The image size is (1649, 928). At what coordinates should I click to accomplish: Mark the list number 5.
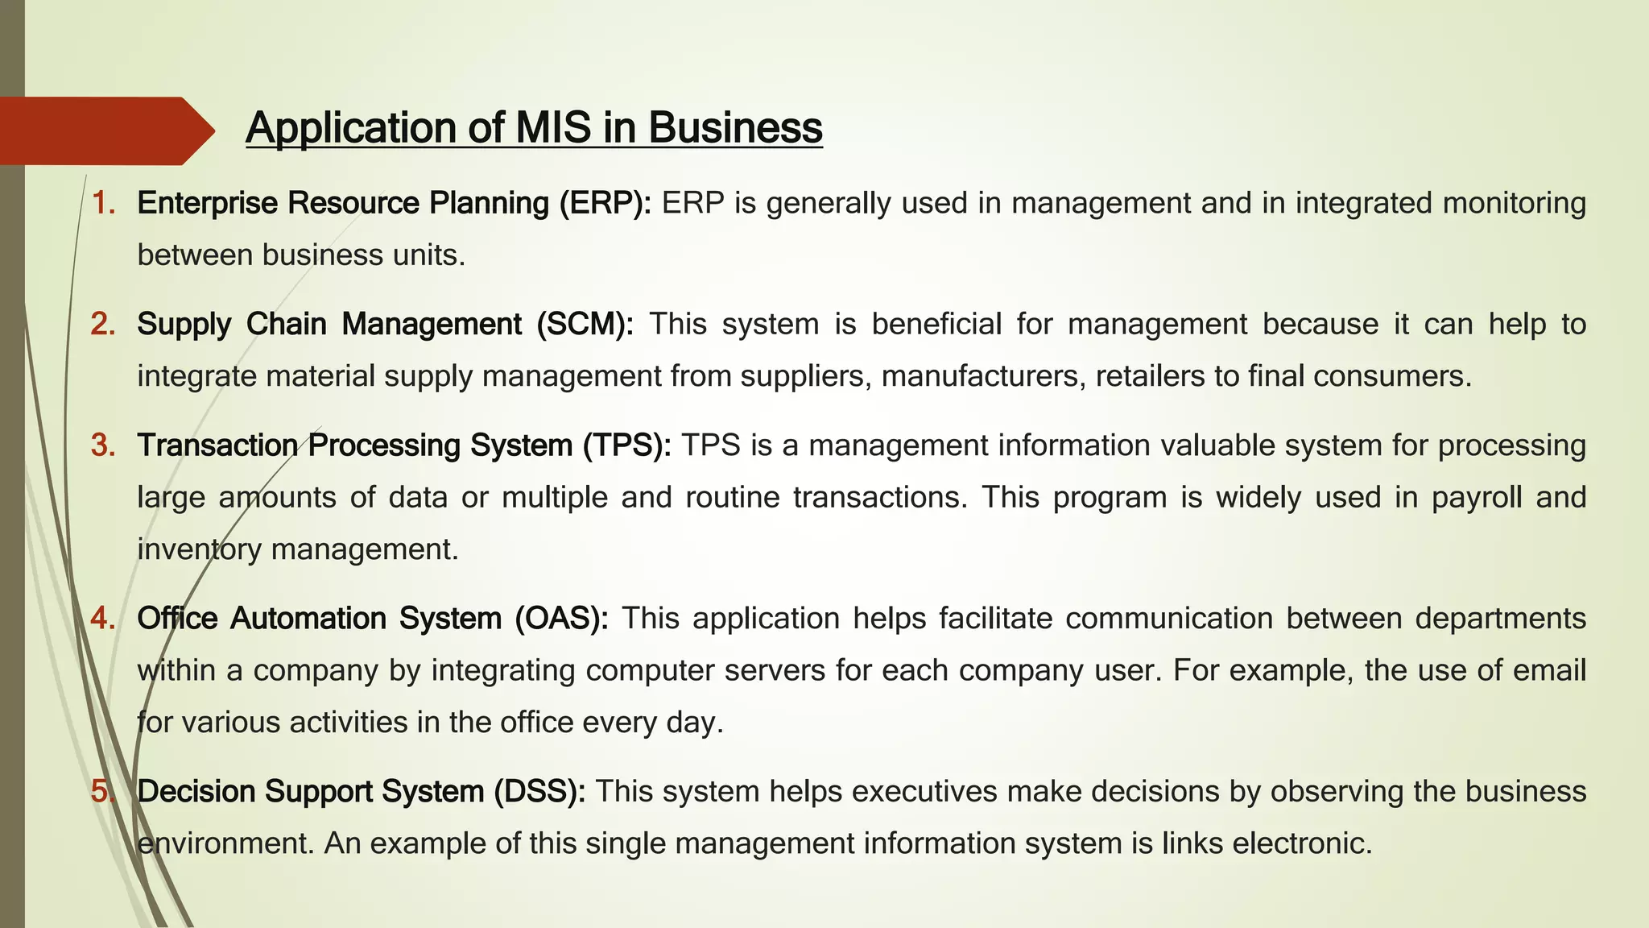[x=103, y=791]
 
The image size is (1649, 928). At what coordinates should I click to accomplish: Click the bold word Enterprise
[x=207, y=203]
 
